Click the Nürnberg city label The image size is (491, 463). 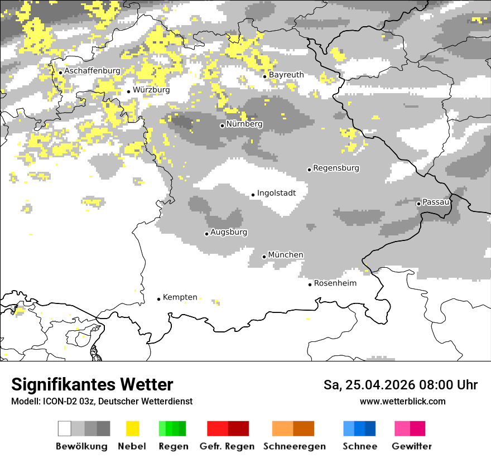click(x=244, y=124)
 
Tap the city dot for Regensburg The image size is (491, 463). click(x=309, y=170)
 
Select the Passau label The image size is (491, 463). click(x=436, y=202)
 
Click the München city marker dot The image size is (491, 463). click(x=264, y=257)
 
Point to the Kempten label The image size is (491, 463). click(x=180, y=297)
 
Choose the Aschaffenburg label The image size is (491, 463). click(x=92, y=71)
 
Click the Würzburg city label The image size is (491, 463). click(x=151, y=90)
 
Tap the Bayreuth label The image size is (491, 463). click(x=286, y=75)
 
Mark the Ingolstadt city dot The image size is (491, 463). click(x=253, y=195)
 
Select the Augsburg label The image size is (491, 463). click(x=229, y=232)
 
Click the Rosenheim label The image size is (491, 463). click(x=335, y=283)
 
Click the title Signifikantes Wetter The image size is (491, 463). click(x=92, y=385)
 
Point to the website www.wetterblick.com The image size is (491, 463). click(x=402, y=402)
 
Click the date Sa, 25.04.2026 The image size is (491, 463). click(x=367, y=385)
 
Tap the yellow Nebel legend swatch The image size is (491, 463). click(x=132, y=428)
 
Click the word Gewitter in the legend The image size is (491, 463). click(x=411, y=446)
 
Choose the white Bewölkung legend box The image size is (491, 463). click(x=65, y=428)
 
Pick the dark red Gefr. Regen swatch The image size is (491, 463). click(x=238, y=428)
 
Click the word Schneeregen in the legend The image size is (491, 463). click(x=295, y=446)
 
